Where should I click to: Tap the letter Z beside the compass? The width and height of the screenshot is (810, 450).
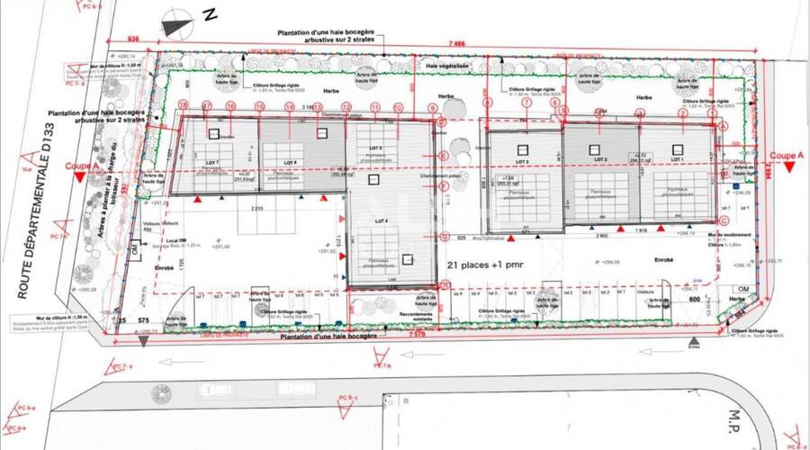pos(210,14)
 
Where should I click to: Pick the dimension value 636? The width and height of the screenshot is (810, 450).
pos(133,40)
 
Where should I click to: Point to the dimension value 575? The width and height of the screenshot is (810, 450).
pos(143,321)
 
